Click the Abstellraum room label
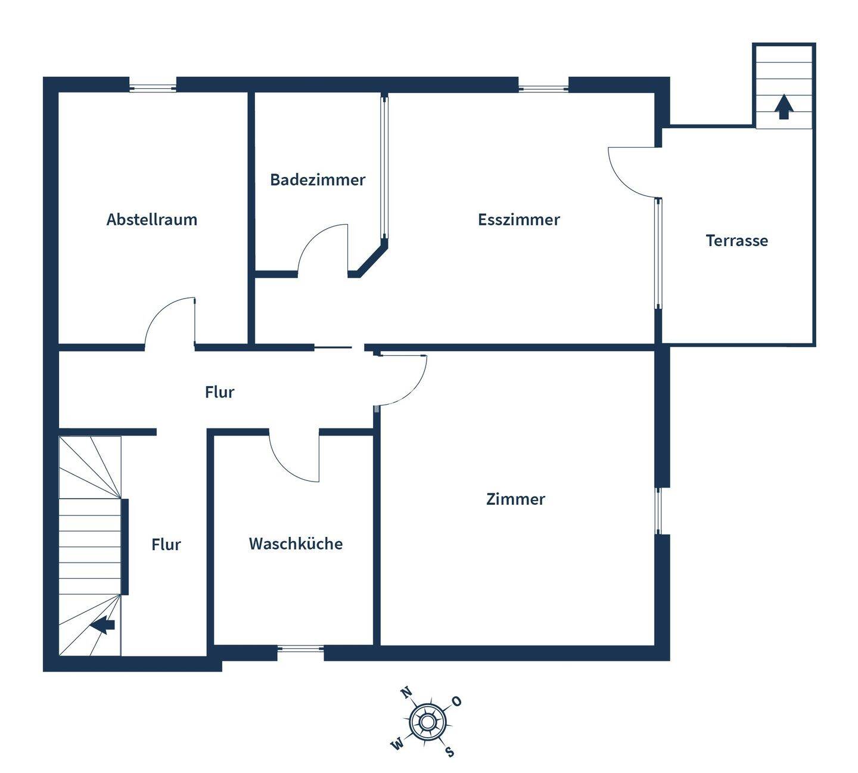[152, 219]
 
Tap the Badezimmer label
[318, 180]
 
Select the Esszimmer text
[519, 219]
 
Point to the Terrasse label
[736, 241]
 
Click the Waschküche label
[296, 544]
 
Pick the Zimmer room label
[515, 499]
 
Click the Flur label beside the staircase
[166, 545]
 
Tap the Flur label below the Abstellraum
[219, 392]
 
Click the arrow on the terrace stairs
[784, 107]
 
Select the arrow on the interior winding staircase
[102, 625]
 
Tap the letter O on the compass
[456, 701]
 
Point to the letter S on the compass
[449, 751]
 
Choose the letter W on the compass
[397, 744]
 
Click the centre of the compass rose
[425, 722]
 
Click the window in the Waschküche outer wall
[301, 649]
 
